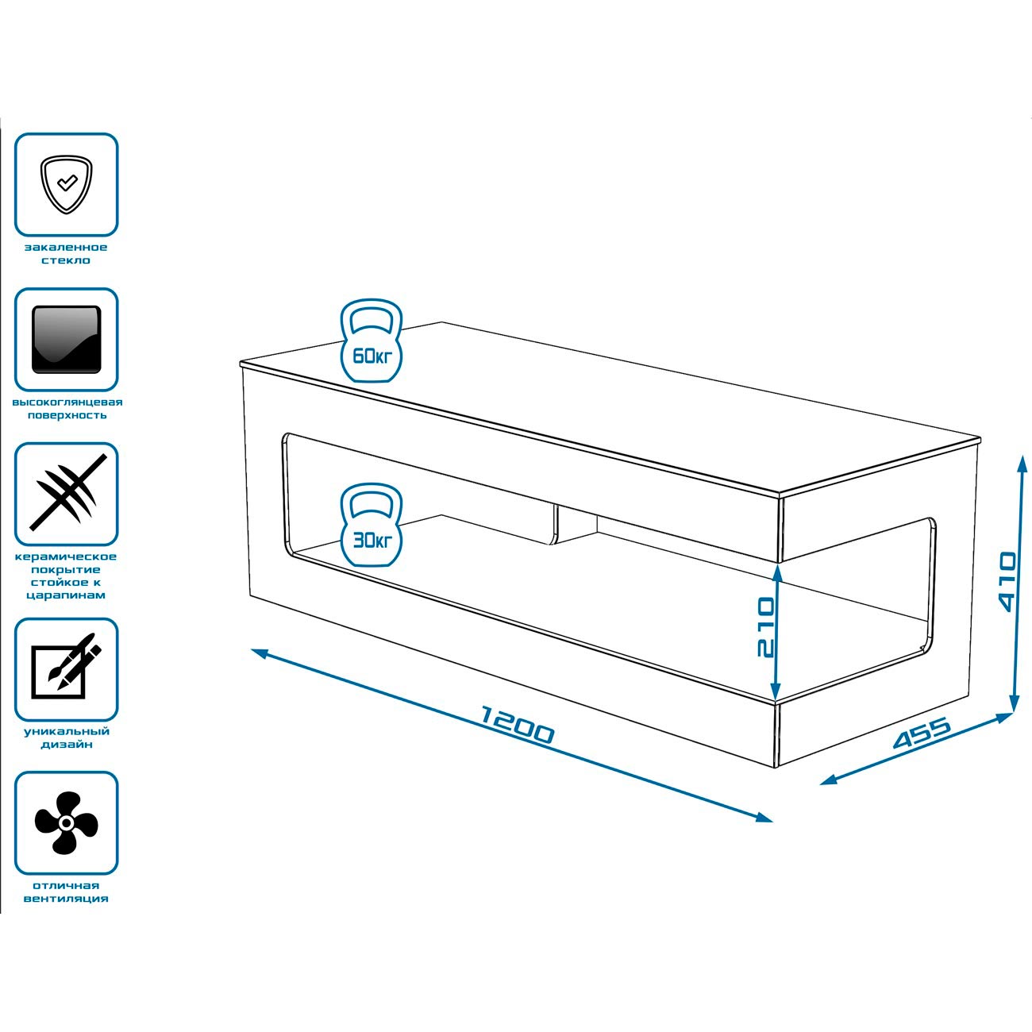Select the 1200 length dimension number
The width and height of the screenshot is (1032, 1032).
pos(518,724)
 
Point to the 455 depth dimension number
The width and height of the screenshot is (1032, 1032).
pos(922,734)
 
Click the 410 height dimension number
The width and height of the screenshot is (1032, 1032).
pos(1006,582)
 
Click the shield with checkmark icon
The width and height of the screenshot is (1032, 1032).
pos(67,184)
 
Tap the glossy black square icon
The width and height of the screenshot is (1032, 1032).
pos(67,339)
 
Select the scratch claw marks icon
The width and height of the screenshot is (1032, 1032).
pos(67,493)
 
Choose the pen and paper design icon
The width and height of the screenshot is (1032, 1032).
pos(67,669)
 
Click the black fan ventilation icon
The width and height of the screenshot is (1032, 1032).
pos(67,822)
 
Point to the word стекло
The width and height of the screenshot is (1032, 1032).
pos(67,260)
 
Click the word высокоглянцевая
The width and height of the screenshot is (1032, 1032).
pos(67,402)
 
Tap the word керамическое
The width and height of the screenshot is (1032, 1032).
pos(67,556)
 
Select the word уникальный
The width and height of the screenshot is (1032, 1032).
pos(67,731)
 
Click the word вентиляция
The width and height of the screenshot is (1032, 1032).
pos(67,899)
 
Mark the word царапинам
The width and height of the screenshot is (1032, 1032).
pos(67,595)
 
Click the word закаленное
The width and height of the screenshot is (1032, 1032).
pos(67,248)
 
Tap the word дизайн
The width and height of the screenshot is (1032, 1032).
pos(67,745)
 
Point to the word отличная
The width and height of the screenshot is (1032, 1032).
pos(67,885)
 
